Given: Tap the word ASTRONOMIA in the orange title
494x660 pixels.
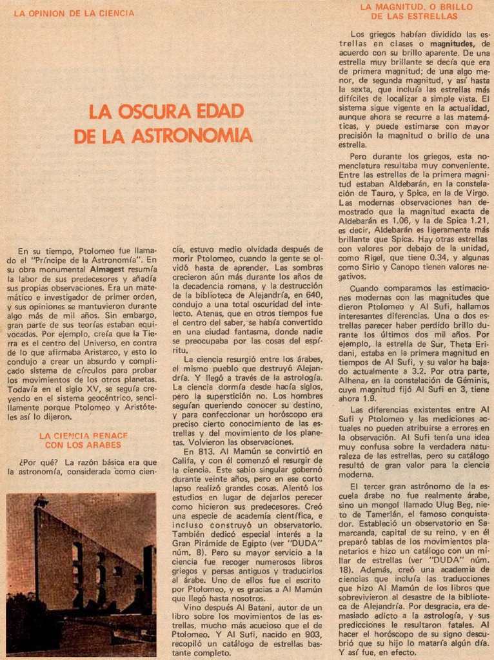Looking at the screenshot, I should point(192,136).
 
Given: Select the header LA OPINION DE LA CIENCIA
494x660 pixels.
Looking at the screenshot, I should point(74,13).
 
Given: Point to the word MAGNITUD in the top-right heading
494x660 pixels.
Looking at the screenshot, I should point(399,7).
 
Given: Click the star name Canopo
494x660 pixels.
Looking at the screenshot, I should point(402,267).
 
